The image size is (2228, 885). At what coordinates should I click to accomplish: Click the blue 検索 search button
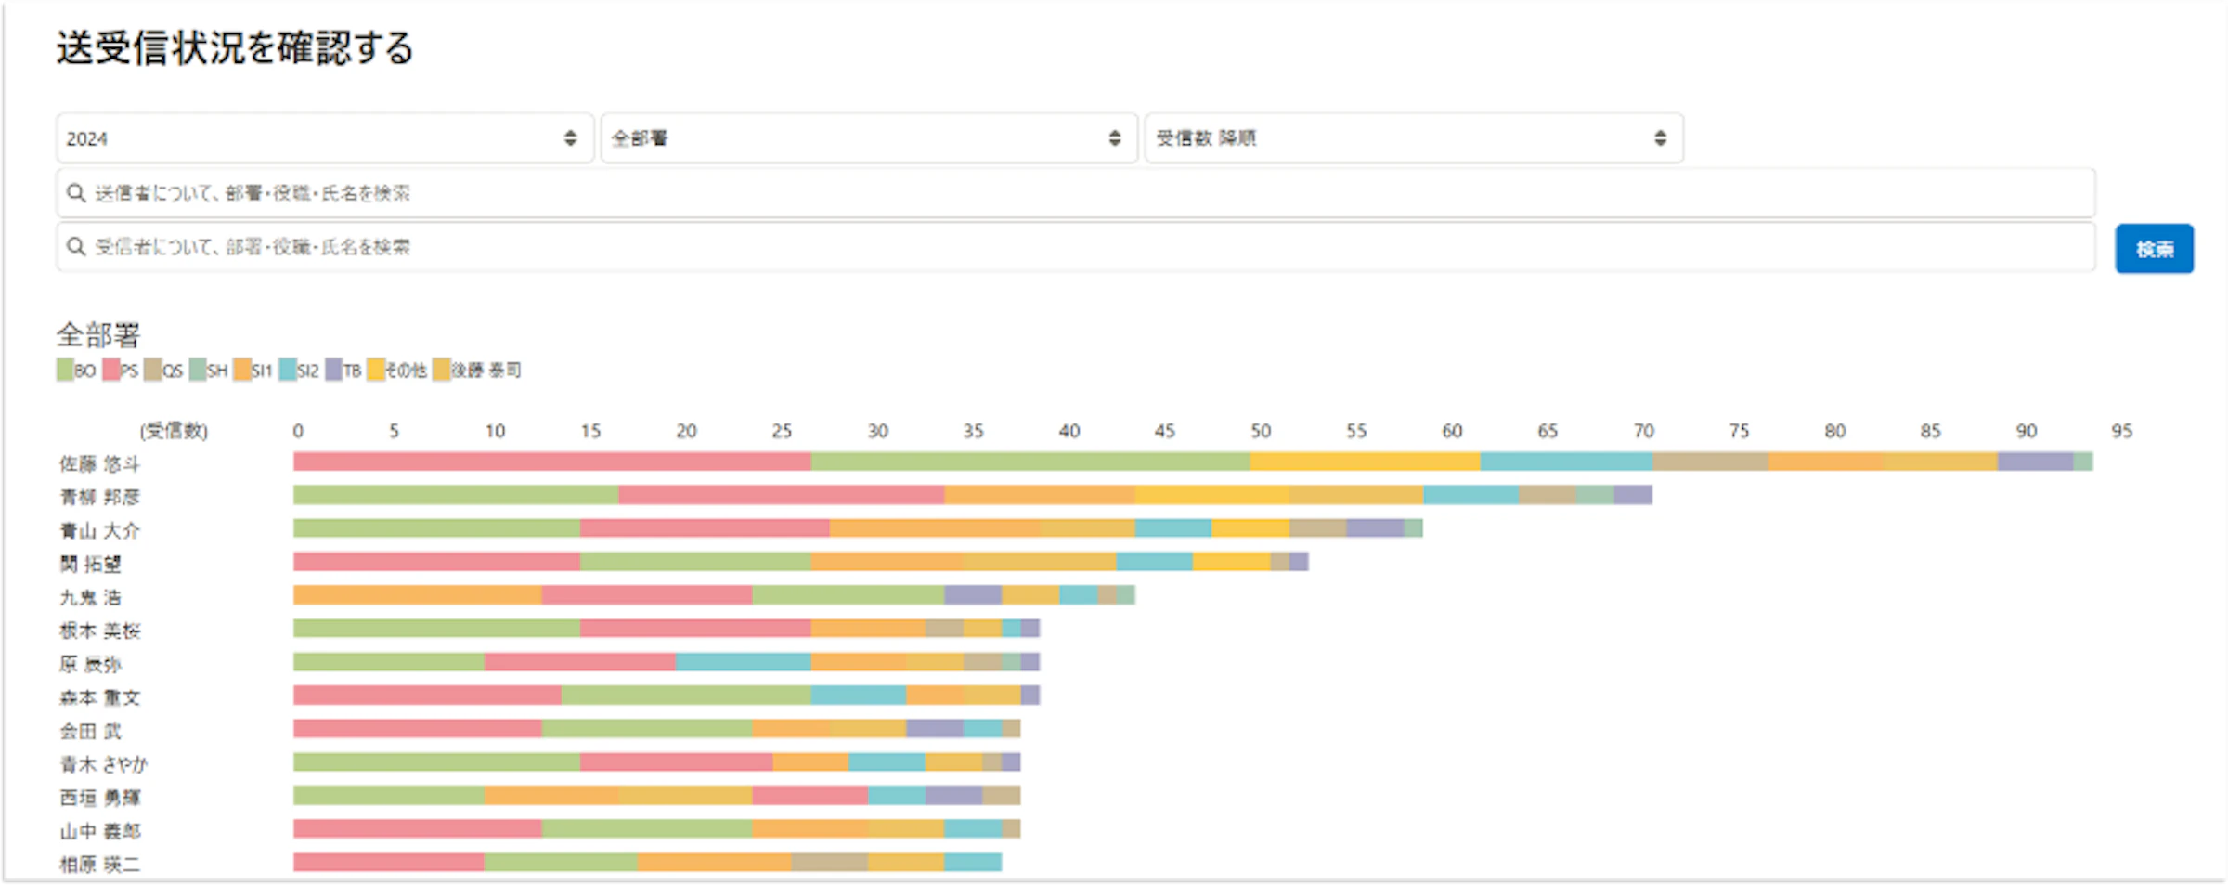pyautogui.click(x=2154, y=249)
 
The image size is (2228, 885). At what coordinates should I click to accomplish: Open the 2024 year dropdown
pyautogui.click(x=323, y=138)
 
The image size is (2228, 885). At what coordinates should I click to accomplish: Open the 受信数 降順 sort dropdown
pyautogui.click(x=1413, y=138)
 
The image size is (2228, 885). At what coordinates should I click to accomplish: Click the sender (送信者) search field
pyautogui.click(x=1075, y=193)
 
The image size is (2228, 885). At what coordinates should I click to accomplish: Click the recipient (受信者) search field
pyautogui.click(x=1075, y=247)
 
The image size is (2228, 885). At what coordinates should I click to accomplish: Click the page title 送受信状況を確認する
pyautogui.click(x=235, y=48)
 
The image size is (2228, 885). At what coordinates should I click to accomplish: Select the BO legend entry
pyautogui.click(x=76, y=371)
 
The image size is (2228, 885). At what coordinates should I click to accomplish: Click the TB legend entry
pyautogui.click(x=343, y=371)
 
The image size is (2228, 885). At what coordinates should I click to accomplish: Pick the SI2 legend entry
pyautogui.click(x=299, y=371)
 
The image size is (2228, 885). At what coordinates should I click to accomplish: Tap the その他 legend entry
pyautogui.click(x=397, y=371)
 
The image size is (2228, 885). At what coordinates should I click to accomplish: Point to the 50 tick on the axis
pyautogui.click(x=1260, y=431)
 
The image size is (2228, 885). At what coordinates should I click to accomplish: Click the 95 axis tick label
pyautogui.click(x=2121, y=431)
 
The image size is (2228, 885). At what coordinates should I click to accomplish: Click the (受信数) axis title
pyautogui.click(x=174, y=431)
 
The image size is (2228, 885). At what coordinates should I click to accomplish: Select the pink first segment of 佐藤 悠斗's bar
pyautogui.click(x=551, y=462)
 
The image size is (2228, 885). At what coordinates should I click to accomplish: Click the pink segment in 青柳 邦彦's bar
pyautogui.click(x=781, y=495)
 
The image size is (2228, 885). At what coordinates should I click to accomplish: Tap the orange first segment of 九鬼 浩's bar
pyautogui.click(x=417, y=595)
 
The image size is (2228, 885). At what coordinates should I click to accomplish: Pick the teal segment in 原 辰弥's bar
pyautogui.click(x=743, y=662)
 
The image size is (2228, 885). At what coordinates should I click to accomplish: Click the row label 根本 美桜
pyautogui.click(x=100, y=631)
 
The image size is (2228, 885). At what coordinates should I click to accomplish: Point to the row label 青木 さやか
pyautogui.click(x=104, y=765)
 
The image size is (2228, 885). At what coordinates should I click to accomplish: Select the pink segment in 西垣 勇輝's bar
pyautogui.click(x=810, y=796)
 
